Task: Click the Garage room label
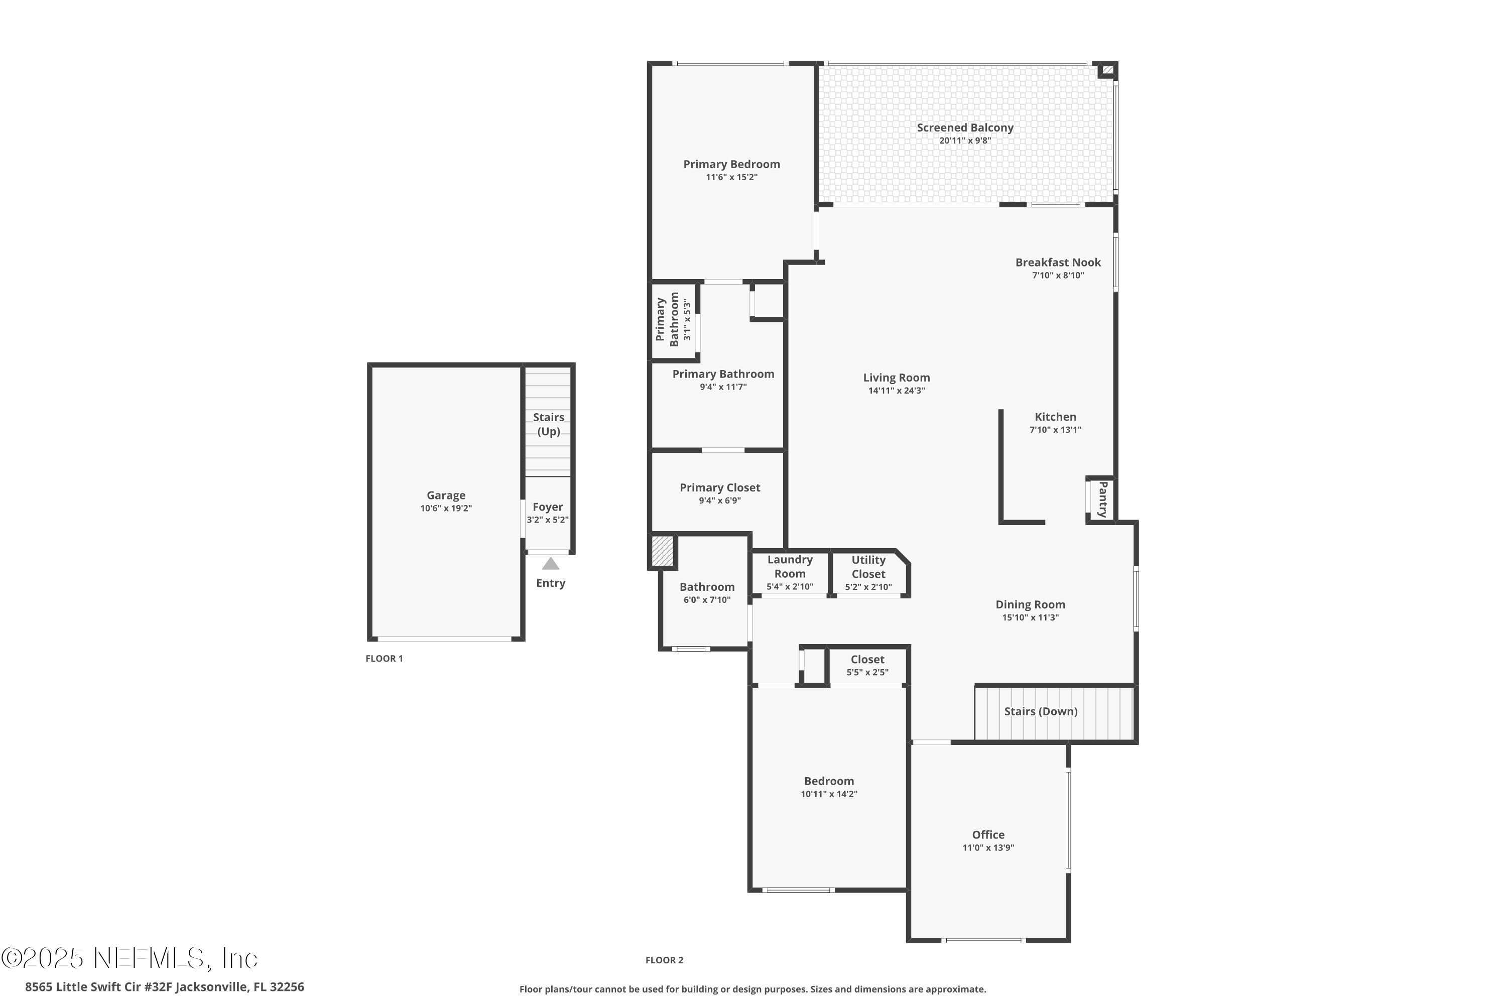coord(446,495)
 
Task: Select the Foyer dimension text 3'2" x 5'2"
coord(548,520)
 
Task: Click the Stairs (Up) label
coord(549,424)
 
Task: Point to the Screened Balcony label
coord(965,128)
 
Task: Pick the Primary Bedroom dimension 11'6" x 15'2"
coord(732,177)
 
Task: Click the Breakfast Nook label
coord(1058,262)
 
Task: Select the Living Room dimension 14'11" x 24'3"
coord(897,391)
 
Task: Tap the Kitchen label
coord(1055,417)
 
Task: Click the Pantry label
coord(1102,499)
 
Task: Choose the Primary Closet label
coord(720,487)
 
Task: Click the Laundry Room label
coord(790,567)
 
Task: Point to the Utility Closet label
coord(868,567)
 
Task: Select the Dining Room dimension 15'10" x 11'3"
coord(1030,618)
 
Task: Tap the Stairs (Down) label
coord(1041,711)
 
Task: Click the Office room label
coord(988,834)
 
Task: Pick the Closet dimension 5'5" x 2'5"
coord(867,672)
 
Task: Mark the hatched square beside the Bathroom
coord(662,551)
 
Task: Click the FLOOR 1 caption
coord(384,658)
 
